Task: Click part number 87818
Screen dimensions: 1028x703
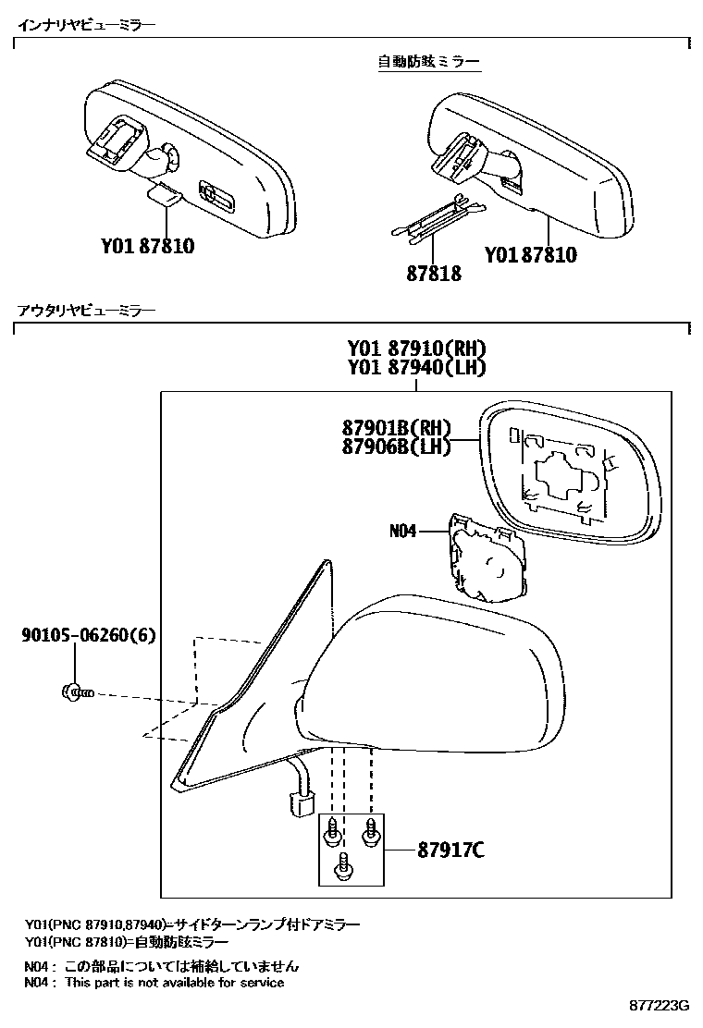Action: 435,274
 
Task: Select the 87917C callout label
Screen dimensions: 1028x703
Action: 450,851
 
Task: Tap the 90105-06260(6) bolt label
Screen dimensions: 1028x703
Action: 89,635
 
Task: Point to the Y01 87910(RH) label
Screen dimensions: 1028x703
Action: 417,349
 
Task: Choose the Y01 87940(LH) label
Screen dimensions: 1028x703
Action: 417,368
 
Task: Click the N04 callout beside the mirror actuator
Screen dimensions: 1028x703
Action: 402,532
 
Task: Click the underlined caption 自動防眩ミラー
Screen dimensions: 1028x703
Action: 428,62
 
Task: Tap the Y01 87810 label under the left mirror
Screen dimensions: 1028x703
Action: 148,247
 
